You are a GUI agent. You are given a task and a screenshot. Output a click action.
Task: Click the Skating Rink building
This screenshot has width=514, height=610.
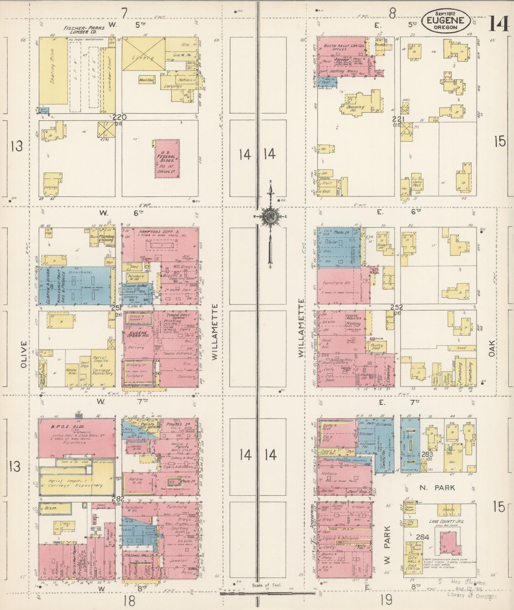(53, 71)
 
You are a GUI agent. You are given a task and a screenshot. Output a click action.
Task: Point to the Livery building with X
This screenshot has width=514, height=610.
(143, 54)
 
